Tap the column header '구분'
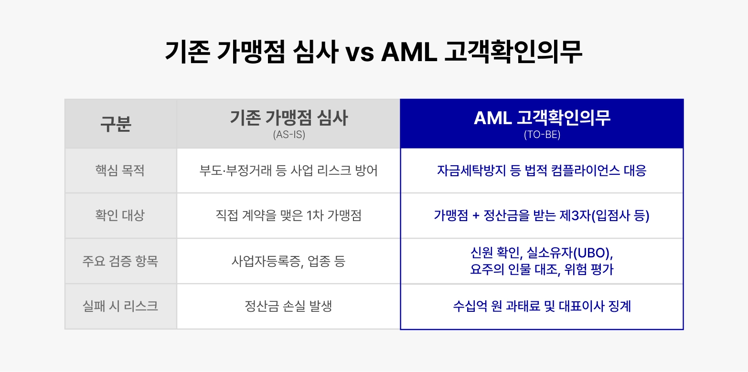[116, 124]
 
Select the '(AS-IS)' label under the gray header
[289, 135]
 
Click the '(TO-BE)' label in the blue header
[542, 135]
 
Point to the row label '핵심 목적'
[120, 170]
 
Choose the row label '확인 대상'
[120, 215]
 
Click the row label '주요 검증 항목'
[120, 261]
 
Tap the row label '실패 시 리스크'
[120, 306]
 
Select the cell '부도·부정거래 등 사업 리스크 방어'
[289, 170]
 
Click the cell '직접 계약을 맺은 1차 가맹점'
[289, 215]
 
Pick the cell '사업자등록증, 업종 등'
[289, 261]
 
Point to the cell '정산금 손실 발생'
[289, 306]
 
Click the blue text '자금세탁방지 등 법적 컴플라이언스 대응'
[542, 170]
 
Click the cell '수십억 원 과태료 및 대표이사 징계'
[542, 306]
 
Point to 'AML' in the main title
[409, 53]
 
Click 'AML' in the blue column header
[493, 118]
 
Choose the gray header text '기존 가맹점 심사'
[289, 118]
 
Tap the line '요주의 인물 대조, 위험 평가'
[542, 269]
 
